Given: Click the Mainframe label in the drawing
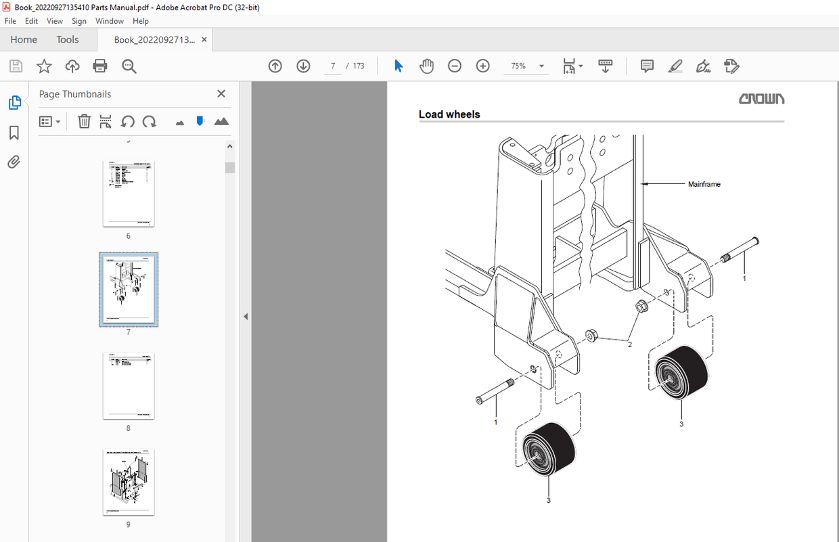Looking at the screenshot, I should pyautogui.click(x=704, y=184).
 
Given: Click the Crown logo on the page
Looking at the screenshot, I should pyautogui.click(x=761, y=99).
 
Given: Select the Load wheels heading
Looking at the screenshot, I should pyautogui.click(x=449, y=114).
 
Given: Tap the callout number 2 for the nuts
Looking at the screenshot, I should pyautogui.click(x=629, y=344).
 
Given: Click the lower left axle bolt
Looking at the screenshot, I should pyautogui.click(x=495, y=392).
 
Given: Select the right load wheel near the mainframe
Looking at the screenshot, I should pyautogui.click(x=681, y=373).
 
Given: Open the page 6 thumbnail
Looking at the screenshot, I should pyautogui.click(x=129, y=193).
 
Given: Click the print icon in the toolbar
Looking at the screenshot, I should pyautogui.click(x=100, y=66).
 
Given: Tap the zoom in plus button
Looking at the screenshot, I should pyautogui.click(x=482, y=66).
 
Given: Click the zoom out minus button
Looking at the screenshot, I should pyautogui.click(x=455, y=66).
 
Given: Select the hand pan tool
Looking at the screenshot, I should pyautogui.click(x=426, y=66).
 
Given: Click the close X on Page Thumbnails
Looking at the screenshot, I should pyautogui.click(x=221, y=94).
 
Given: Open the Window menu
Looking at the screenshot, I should pyautogui.click(x=110, y=21).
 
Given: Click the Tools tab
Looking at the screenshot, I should pyautogui.click(x=68, y=39).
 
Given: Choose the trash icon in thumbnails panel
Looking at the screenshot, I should pyautogui.click(x=84, y=122).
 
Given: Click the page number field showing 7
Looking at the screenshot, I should pyautogui.click(x=333, y=66).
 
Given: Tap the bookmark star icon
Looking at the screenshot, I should pyautogui.click(x=44, y=66).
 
